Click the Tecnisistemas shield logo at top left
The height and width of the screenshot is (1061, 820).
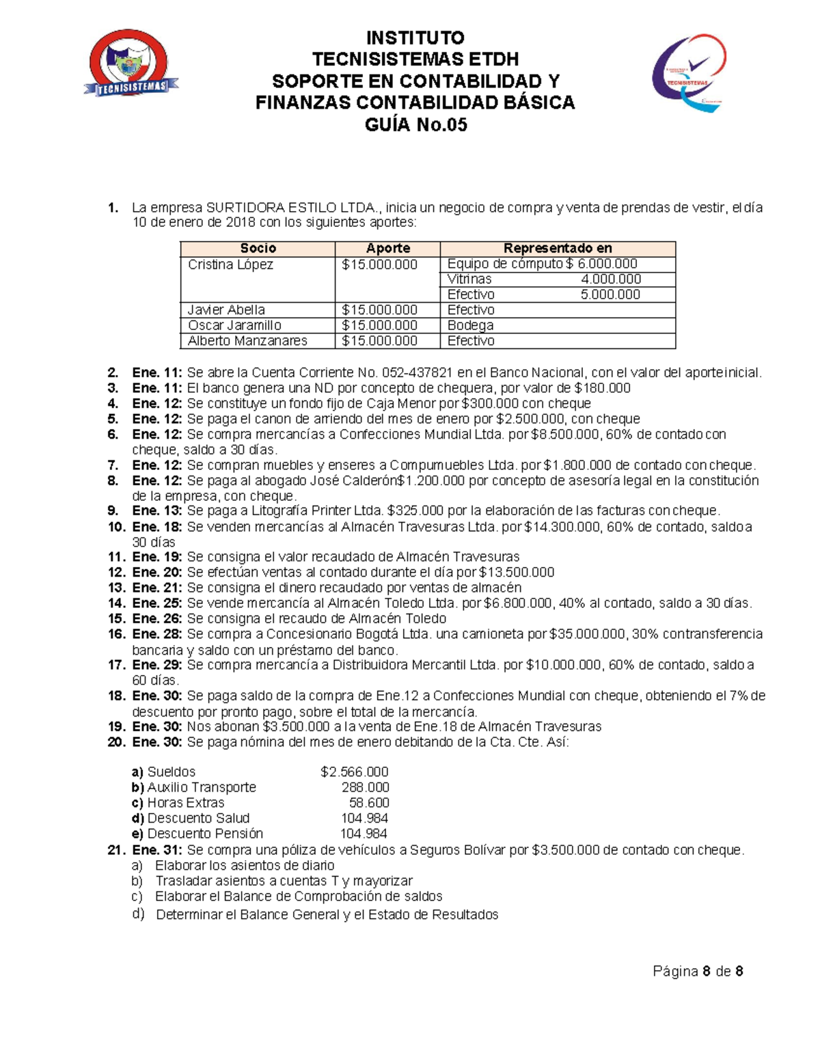point(129,64)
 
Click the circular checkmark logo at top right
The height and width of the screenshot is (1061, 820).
point(689,72)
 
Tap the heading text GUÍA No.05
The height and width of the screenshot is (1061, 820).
point(415,125)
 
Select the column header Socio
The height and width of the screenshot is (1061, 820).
point(258,249)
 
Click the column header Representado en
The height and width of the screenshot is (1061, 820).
point(557,249)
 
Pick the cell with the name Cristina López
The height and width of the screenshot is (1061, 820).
point(230,264)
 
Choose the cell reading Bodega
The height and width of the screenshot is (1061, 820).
point(470,325)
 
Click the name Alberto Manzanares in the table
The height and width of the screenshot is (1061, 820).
point(247,341)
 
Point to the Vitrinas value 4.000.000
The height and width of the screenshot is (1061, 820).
point(610,279)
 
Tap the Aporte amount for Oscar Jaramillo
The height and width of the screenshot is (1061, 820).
point(379,325)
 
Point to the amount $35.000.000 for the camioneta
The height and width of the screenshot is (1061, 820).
point(587,634)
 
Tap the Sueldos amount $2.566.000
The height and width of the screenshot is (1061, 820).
point(354,772)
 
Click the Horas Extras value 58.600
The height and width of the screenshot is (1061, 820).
point(369,803)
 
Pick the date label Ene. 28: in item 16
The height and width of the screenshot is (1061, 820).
point(157,634)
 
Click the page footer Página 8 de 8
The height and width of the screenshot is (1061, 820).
point(698,972)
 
